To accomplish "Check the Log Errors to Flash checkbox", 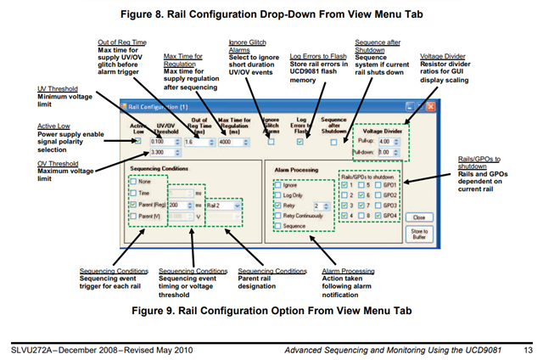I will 299,142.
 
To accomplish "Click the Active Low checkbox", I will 138,141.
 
